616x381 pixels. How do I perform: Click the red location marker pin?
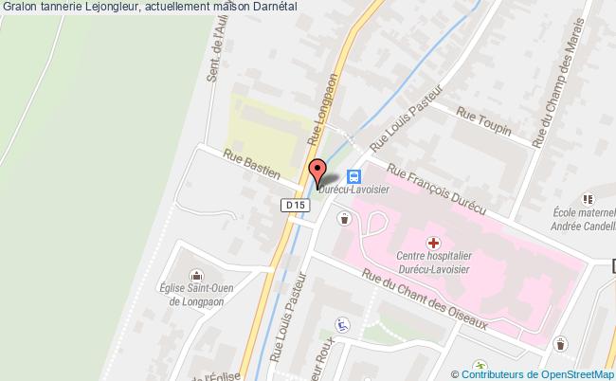[317, 171]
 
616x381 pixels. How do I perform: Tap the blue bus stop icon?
[353, 175]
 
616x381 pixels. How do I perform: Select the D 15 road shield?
[294, 204]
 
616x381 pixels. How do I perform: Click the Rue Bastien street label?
[252, 162]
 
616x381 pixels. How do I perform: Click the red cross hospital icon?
[432, 244]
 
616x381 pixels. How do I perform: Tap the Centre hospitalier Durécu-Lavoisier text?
[435, 263]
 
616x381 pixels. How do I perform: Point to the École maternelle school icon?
[589, 199]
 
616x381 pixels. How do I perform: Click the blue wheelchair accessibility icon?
[344, 324]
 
